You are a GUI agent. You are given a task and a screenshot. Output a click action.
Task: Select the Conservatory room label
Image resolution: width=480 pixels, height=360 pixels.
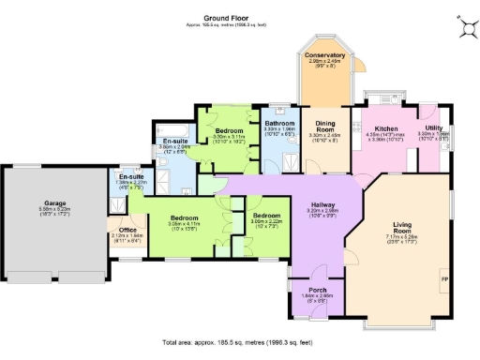[324, 56]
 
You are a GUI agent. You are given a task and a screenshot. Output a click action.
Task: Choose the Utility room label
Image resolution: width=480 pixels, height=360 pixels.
[433, 127]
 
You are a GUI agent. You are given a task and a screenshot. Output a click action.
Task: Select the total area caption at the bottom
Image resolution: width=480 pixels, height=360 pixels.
[238, 343]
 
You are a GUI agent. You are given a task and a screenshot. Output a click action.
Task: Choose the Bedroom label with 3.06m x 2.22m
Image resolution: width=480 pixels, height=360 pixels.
[267, 216]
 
